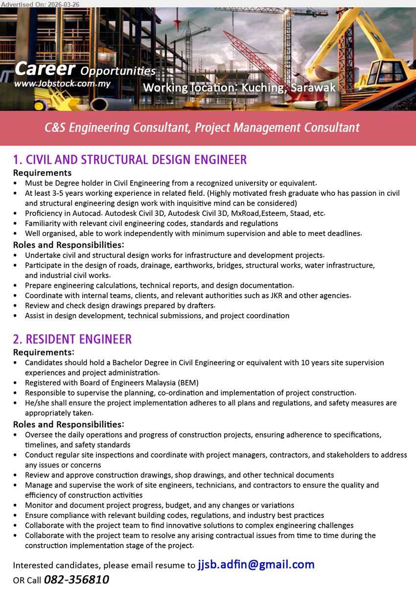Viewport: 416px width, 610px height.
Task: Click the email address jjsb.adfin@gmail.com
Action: tap(256, 564)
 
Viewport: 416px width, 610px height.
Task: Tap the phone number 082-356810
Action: tap(76, 580)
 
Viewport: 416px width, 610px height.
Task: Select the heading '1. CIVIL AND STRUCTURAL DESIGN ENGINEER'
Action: tap(130, 160)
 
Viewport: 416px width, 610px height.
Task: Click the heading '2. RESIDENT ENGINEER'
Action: tap(72, 339)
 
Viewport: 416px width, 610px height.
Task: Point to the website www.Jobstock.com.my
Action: tap(62, 84)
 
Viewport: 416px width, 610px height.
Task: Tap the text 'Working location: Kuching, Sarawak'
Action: tap(239, 88)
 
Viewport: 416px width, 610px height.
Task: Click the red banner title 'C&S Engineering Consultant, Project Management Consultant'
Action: tap(202, 128)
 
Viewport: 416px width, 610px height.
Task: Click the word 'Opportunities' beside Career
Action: tap(117, 71)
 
